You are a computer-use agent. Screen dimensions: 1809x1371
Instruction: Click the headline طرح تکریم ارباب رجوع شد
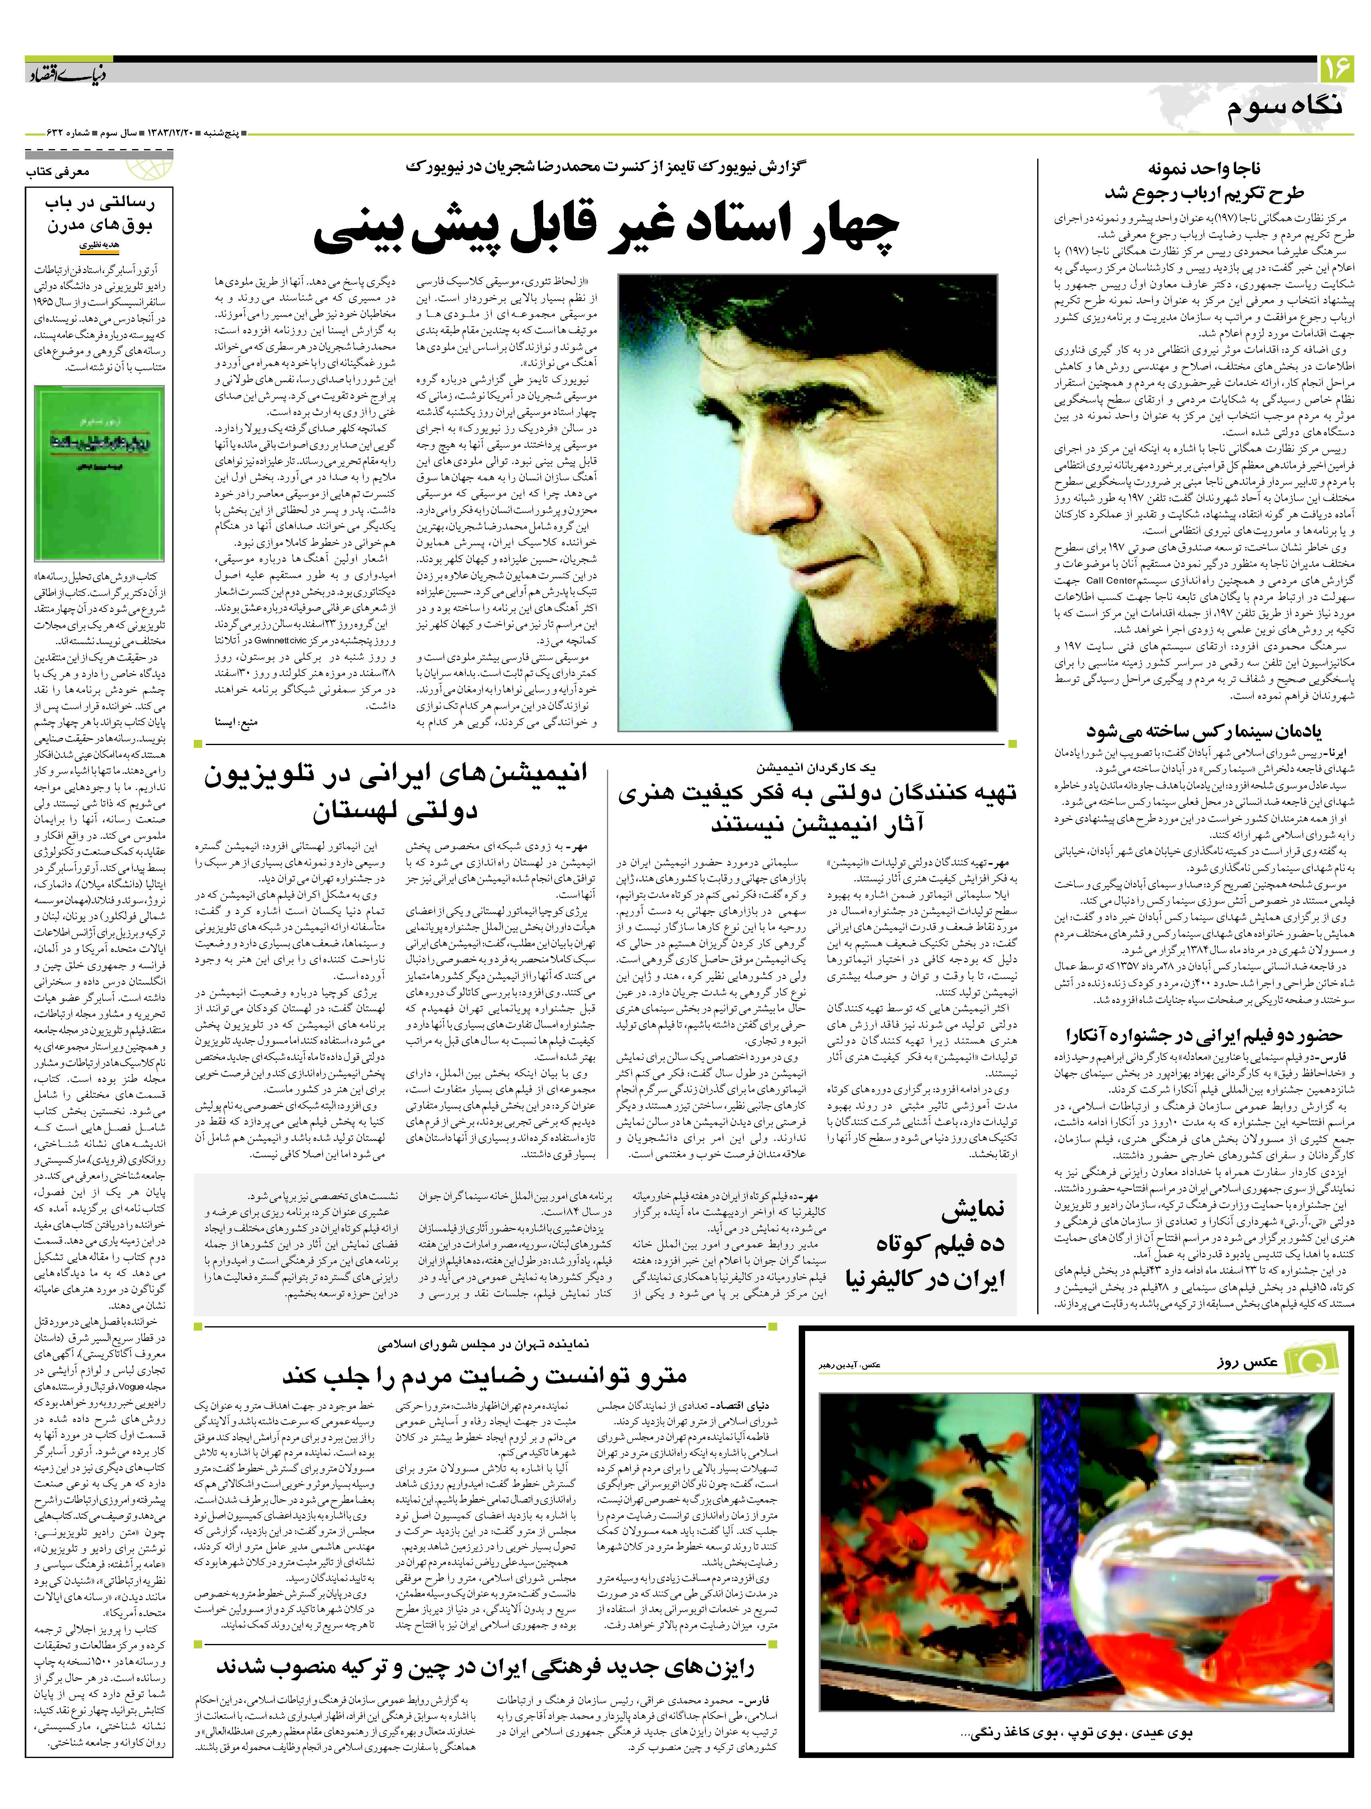[x=1203, y=193]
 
